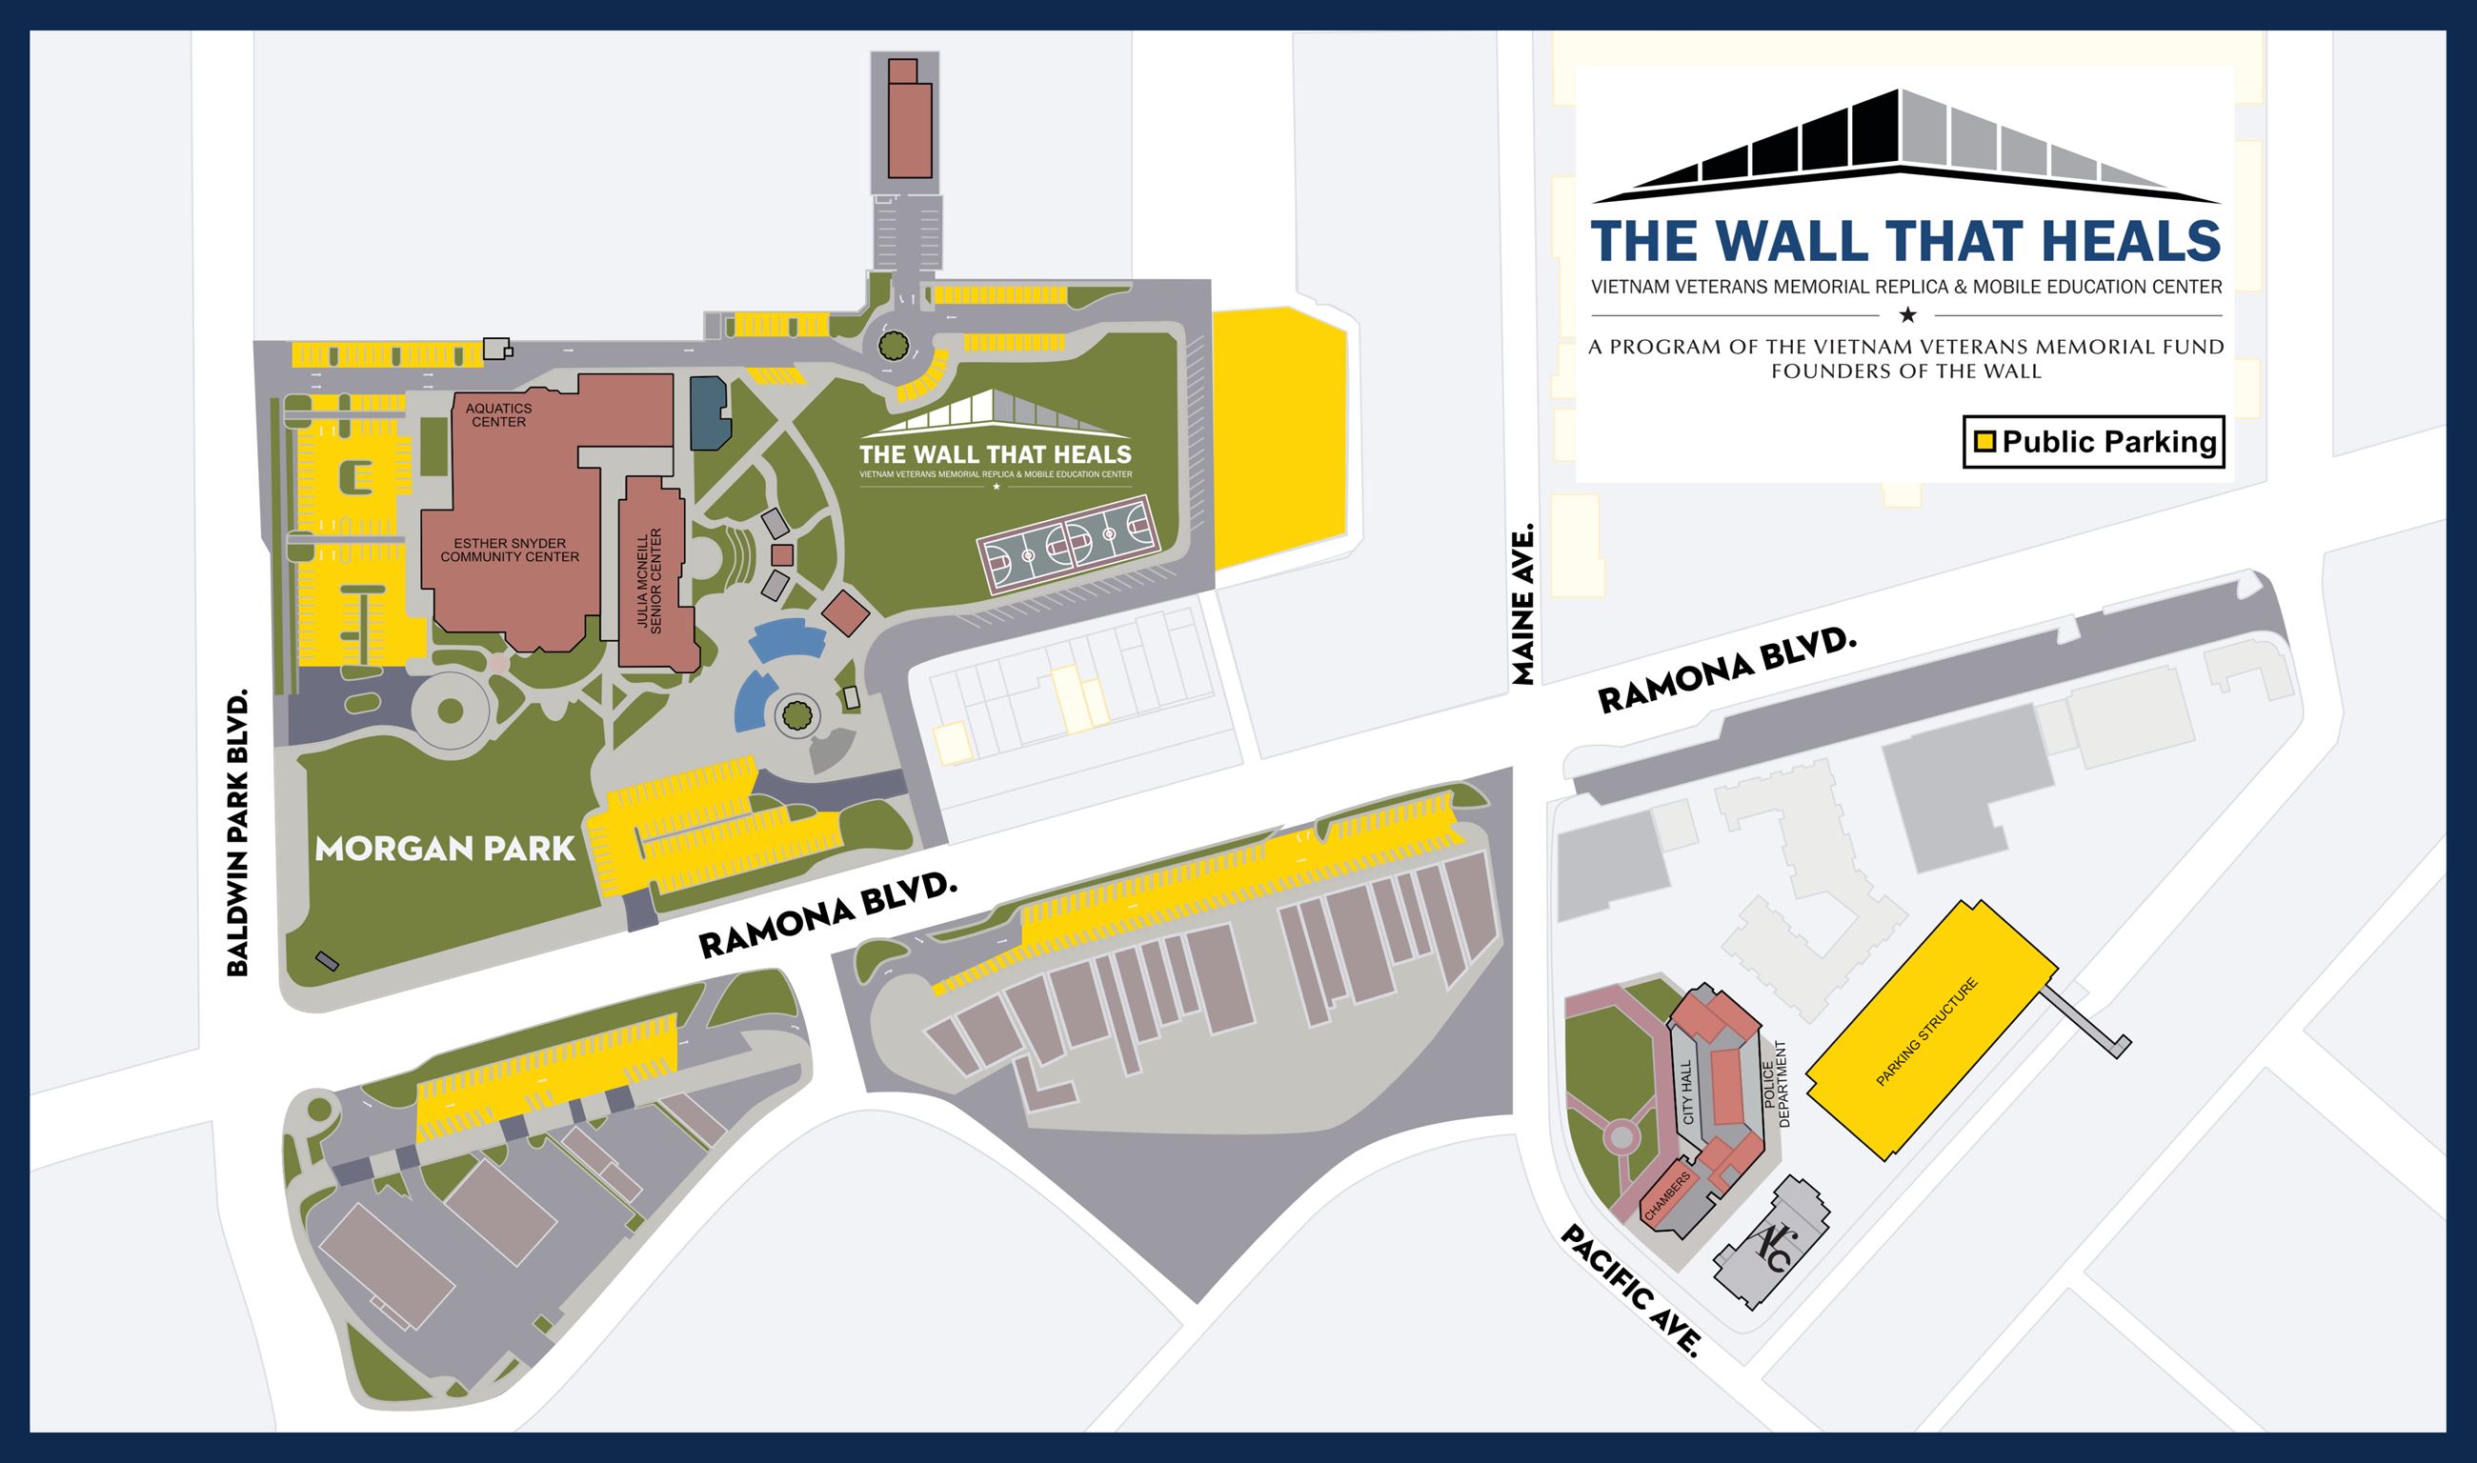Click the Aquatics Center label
pyautogui.click(x=498, y=415)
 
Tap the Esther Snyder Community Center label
pyautogui.click(x=510, y=551)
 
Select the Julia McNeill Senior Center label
pyautogui.click(x=649, y=581)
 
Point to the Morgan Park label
pyautogui.click(x=445, y=849)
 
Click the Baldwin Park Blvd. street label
pyautogui.click(x=237, y=833)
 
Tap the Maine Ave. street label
pyautogui.click(x=1523, y=603)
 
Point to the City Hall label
pyautogui.click(x=1687, y=1092)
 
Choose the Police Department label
pyautogui.click(x=1776, y=1085)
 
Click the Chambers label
pyautogui.click(x=1667, y=1197)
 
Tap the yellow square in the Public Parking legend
pyautogui.click(x=1984, y=442)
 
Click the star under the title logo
pyautogui.click(x=1907, y=315)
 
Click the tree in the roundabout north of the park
pyautogui.click(x=894, y=345)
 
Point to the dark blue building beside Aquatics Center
pyautogui.click(x=709, y=412)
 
